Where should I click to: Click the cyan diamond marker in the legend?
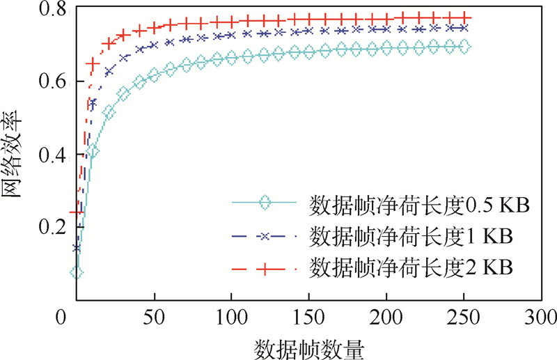[264, 204]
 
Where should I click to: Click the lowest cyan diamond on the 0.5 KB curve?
[77, 272]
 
